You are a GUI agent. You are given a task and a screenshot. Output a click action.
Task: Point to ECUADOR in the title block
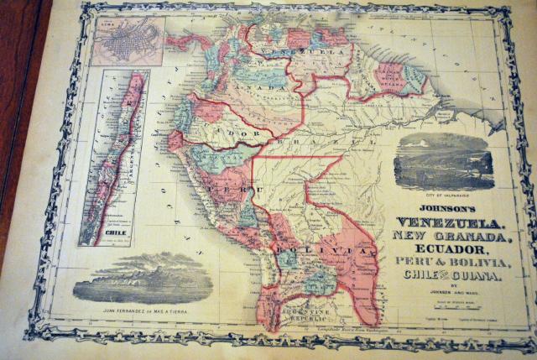[448, 251]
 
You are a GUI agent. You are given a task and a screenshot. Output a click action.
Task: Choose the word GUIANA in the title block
[475, 276]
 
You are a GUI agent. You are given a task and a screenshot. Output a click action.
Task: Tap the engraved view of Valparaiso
[444, 161]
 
